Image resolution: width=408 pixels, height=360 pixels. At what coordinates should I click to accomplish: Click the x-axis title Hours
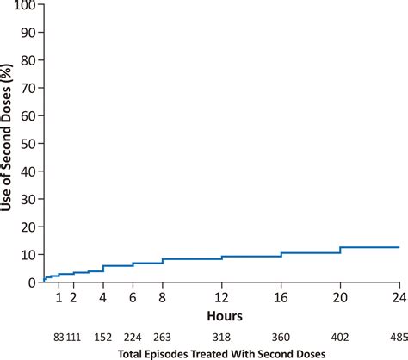(x=221, y=292)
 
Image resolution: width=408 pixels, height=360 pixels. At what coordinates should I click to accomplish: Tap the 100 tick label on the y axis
(x=26, y=7)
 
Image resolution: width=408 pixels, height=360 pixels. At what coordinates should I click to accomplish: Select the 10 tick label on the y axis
(x=28, y=232)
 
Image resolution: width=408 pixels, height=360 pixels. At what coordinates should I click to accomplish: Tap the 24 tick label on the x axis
(x=399, y=274)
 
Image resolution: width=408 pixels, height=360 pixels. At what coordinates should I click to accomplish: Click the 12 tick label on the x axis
(x=221, y=274)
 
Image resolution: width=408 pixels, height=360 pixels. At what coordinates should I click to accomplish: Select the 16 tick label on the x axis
(x=281, y=274)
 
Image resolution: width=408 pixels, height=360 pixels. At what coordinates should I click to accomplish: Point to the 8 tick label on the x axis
(x=162, y=274)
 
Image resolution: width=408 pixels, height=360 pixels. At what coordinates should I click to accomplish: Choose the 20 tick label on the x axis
(x=340, y=274)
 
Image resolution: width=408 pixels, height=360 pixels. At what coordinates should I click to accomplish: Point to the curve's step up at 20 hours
(x=340, y=250)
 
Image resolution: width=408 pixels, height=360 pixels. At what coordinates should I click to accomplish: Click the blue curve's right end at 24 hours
(x=399, y=247)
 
